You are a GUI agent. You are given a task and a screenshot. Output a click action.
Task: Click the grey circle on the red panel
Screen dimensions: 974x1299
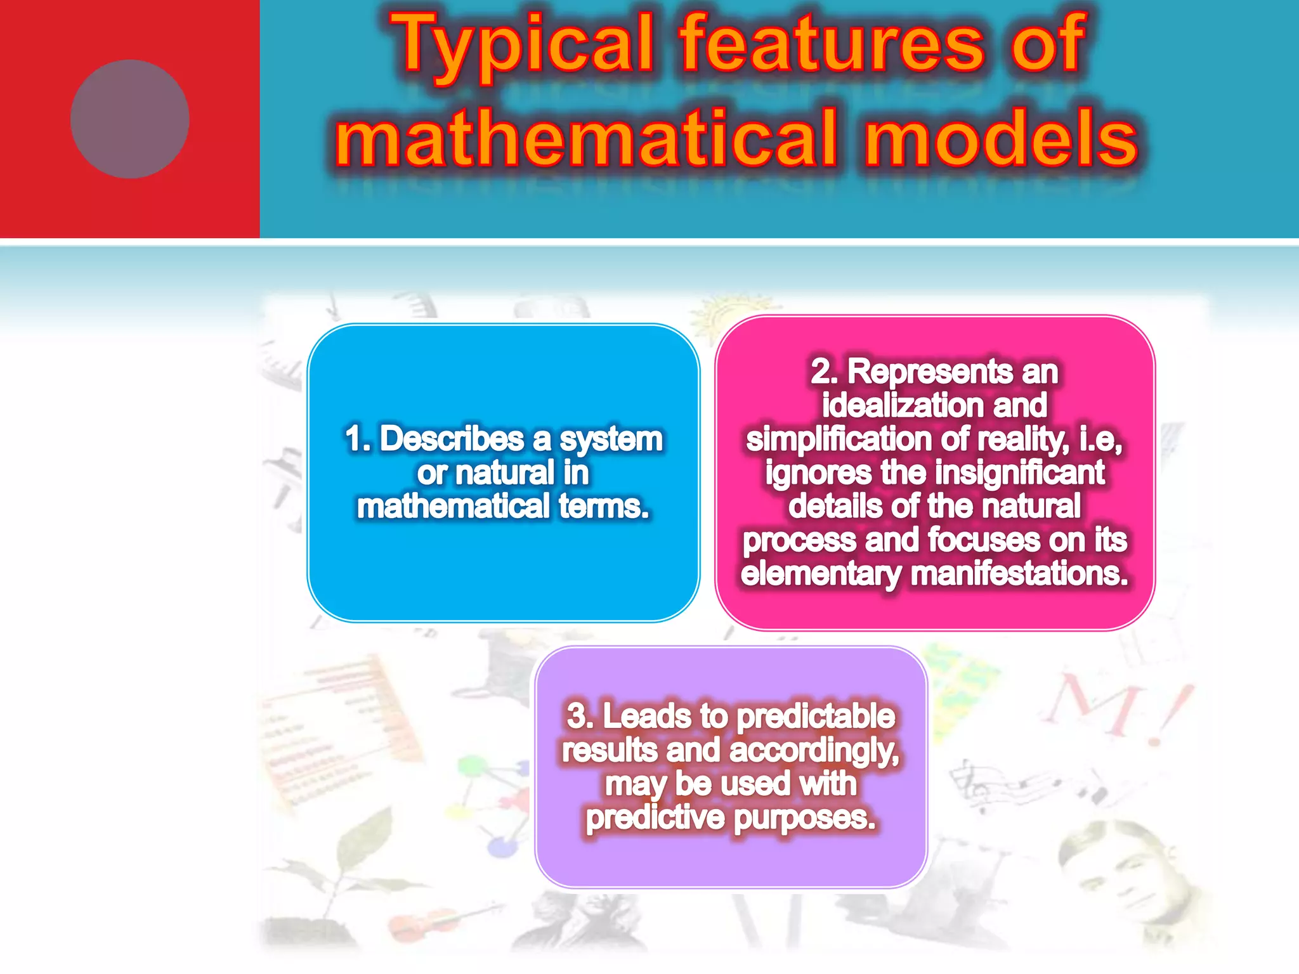pos(129,119)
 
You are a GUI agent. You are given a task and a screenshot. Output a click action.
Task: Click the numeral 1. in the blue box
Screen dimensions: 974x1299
pos(358,439)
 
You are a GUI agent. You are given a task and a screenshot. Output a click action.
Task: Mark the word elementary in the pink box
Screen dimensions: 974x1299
pos(821,575)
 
